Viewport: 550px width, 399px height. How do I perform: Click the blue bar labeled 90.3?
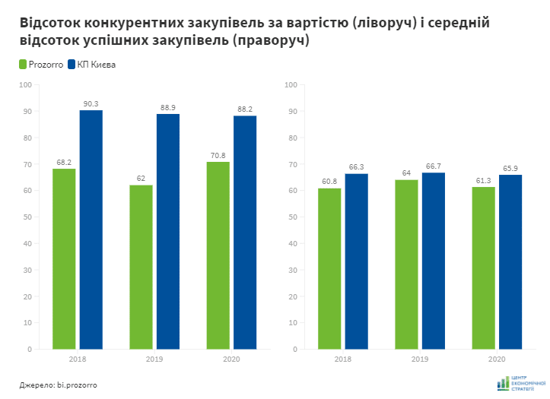click(91, 230)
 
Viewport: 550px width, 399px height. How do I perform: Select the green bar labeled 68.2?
click(64, 258)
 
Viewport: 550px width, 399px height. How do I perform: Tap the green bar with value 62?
click(141, 267)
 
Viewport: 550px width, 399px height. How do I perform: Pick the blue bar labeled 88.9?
click(168, 231)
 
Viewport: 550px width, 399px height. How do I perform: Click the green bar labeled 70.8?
click(218, 255)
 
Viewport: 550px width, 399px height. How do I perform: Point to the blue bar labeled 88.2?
click(245, 232)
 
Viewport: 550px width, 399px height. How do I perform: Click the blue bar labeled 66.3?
click(356, 261)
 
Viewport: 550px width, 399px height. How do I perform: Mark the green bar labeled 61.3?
click(484, 268)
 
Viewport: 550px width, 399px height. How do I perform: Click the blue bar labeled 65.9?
click(510, 261)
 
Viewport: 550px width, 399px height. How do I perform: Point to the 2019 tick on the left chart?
click(154, 359)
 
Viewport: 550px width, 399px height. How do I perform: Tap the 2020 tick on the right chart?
click(497, 359)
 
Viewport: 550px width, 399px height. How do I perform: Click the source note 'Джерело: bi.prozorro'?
click(59, 385)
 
